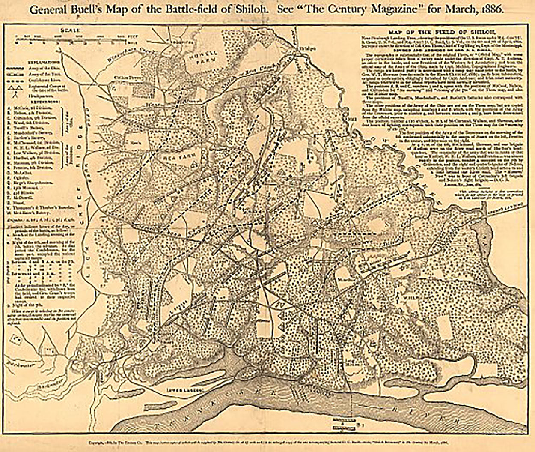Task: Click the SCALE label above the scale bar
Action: click(67, 30)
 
